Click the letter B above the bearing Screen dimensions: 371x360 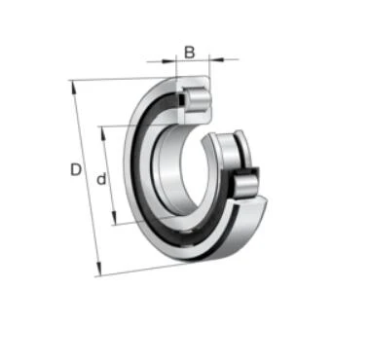pyautogui.click(x=190, y=53)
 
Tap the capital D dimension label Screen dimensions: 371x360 pyautogui.click(x=76, y=169)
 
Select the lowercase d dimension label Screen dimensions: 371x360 pyautogui.click(x=101, y=179)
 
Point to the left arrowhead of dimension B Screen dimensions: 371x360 pyautogui.click(x=168, y=60)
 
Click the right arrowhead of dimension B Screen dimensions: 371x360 pyautogui.click(x=217, y=59)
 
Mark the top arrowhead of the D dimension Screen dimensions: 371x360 pyautogui.click(x=74, y=87)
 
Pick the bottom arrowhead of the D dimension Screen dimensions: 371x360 pyautogui.click(x=99, y=269)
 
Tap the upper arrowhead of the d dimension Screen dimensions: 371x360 pyautogui.click(x=103, y=133)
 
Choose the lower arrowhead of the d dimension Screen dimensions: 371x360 pyautogui.click(x=114, y=217)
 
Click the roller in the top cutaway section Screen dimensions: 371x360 pyautogui.click(x=198, y=99)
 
